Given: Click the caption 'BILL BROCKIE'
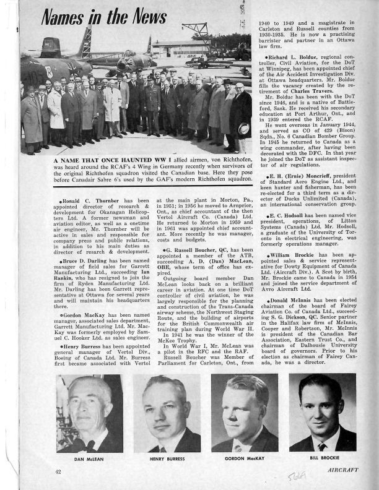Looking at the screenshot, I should (x=323, y=460).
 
